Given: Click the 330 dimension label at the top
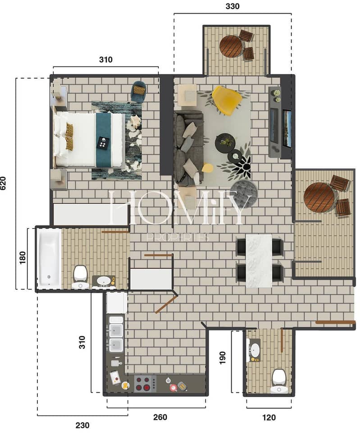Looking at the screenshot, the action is (232, 6).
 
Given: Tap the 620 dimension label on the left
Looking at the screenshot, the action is (3, 183).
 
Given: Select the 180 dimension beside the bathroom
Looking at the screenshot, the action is (23, 257).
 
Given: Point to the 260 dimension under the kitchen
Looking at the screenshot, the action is (160, 417).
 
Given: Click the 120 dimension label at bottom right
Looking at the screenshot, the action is (269, 417).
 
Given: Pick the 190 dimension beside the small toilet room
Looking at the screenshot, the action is (223, 357).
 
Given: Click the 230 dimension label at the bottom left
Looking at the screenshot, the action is (82, 425).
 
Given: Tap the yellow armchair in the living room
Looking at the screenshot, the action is (227, 101).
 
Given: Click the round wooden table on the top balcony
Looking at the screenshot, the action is (231, 46).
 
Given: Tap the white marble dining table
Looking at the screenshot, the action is (259, 261).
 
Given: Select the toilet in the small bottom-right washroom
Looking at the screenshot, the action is (279, 381).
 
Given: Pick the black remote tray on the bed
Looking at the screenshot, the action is (103, 143).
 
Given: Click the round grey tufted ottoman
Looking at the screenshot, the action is (244, 192).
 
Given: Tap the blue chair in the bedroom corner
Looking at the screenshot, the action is (139, 91).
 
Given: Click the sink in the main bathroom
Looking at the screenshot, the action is (104, 281).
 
